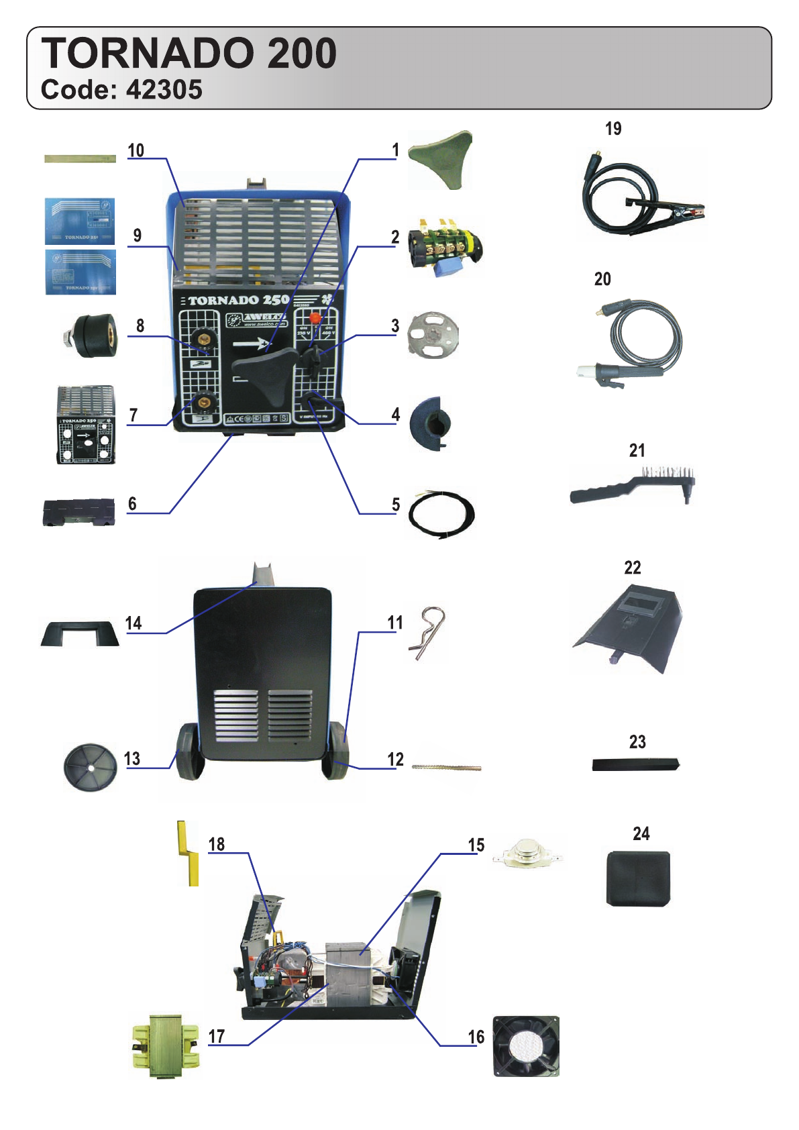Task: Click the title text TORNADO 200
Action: point(189,54)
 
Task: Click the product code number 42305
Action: point(164,90)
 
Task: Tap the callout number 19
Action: point(613,129)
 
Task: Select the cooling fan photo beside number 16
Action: point(526,1046)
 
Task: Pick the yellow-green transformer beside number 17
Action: point(165,1045)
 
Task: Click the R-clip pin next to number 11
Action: point(428,632)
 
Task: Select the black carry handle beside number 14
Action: point(80,633)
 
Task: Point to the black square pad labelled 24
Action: point(638,878)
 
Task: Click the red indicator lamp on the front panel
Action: point(315,319)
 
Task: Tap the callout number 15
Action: point(476,845)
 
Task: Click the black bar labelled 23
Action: point(635,764)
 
